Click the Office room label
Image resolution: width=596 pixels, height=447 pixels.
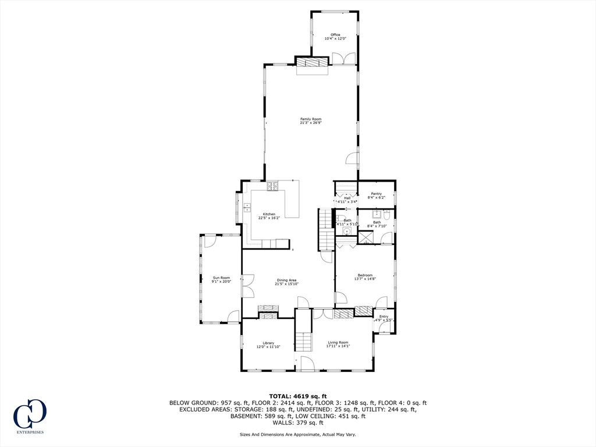pyautogui.click(x=335, y=35)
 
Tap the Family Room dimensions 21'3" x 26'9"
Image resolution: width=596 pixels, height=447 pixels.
pyautogui.click(x=311, y=123)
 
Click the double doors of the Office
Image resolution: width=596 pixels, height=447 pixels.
pyautogui.click(x=344, y=59)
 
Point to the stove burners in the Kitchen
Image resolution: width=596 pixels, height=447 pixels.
pyautogui.click(x=273, y=187)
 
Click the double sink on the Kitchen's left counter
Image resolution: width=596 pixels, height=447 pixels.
pyautogui.click(x=247, y=205)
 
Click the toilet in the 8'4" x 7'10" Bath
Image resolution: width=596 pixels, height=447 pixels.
pyautogui.click(x=386, y=215)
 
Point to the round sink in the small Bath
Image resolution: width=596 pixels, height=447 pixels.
pyautogui.click(x=347, y=231)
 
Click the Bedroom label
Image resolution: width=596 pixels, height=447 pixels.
pyautogui.click(x=365, y=275)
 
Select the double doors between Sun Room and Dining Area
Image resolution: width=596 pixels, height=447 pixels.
pyautogui.click(x=247, y=286)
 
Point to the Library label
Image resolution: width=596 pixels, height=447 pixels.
pyautogui.click(x=268, y=343)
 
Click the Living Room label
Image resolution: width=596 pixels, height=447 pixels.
pyautogui.click(x=338, y=343)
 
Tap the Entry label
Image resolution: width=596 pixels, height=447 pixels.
pyautogui.click(x=384, y=317)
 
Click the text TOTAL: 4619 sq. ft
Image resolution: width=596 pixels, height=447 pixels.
pyautogui.click(x=297, y=396)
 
